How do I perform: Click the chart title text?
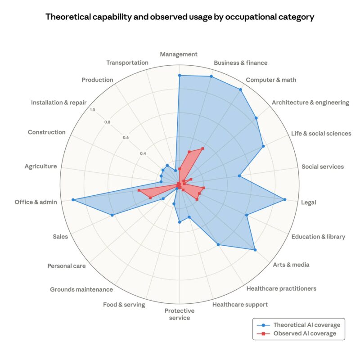click(x=180, y=18)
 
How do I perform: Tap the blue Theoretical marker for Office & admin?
click(x=72, y=200)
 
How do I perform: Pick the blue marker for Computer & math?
click(x=240, y=90)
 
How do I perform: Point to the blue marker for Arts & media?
click(x=255, y=250)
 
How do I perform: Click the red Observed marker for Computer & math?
click(x=202, y=148)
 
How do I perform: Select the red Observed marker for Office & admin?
click(x=139, y=191)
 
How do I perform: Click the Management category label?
click(x=179, y=54)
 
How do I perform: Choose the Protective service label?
click(x=179, y=314)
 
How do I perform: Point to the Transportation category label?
click(x=127, y=63)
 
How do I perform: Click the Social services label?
click(x=322, y=166)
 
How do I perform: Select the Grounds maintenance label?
click(x=81, y=289)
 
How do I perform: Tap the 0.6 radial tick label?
click(x=126, y=138)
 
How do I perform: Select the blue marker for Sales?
click(x=112, y=215)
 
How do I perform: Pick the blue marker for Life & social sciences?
click(x=263, y=146)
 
